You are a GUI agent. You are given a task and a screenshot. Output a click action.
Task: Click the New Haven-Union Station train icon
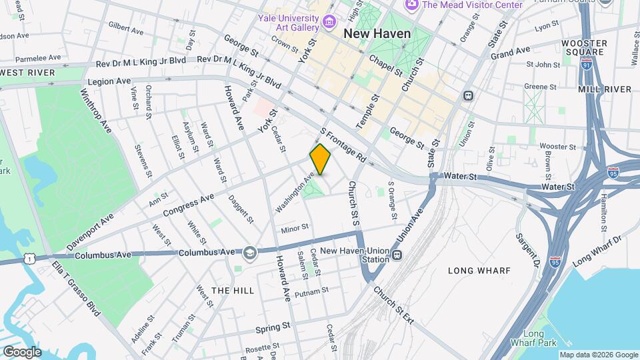pyautogui.click(x=397, y=255)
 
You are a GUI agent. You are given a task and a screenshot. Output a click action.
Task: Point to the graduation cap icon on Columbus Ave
pyautogui.click(x=249, y=252)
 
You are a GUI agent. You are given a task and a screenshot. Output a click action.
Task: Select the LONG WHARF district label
pyautogui.click(x=479, y=271)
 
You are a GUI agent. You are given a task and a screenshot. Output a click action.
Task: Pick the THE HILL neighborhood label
pyautogui.click(x=233, y=291)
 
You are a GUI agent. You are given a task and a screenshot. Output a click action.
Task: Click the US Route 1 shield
pyautogui.click(x=28, y=257)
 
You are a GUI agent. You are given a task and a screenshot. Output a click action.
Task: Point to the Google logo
pyautogui.click(x=21, y=351)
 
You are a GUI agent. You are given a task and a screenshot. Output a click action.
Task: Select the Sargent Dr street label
pyautogui.click(x=526, y=249)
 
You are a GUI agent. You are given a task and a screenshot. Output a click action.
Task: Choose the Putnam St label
pyautogui.click(x=311, y=291)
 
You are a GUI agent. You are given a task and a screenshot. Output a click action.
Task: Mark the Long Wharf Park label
pyautogui.click(x=539, y=338)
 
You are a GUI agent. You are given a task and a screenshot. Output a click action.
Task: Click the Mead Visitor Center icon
pyautogui.click(x=411, y=5)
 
